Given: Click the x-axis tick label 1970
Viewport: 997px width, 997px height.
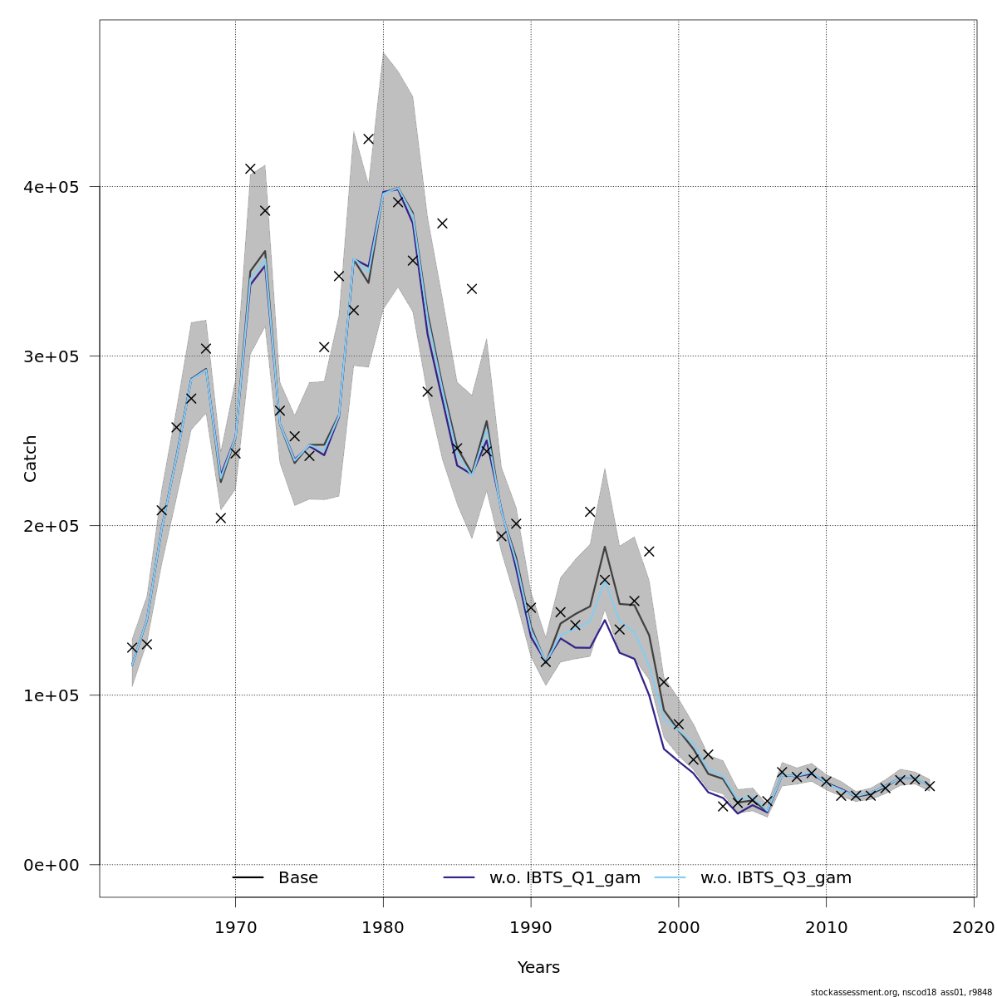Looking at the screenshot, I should pyautogui.click(x=235, y=926).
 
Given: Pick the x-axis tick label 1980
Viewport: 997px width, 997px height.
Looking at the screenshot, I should pyautogui.click(x=383, y=926).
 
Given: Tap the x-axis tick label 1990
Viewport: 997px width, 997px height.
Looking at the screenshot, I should pyautogui.click(x=531, y=926).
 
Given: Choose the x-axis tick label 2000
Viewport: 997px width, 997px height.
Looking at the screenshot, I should pyautogui.click(x=679, y=926).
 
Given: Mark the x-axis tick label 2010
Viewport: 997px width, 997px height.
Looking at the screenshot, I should pyautogui.click(x=827, y=926).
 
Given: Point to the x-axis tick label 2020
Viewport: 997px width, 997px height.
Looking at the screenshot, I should pyautogui.click(x=974, y=926).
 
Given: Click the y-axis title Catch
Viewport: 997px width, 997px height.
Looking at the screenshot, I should pyautogui.click(x=31, y=458).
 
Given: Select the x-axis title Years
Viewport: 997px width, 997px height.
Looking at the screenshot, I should pyautogui.click(x=538, y=968).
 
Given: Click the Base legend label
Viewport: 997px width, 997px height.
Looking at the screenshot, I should pyautogui.click(x=298, y=878).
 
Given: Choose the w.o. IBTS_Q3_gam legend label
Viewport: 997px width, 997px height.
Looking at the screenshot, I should pyautogui.click(x=776, y=878).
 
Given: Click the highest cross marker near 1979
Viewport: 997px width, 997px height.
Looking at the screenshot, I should pyautogui.click(x=368, y=139).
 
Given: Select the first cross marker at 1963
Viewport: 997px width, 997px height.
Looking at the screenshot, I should pyautogui.click(x=132, y=647).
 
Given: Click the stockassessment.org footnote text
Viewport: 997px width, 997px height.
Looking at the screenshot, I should pyautogui.click(x=901, y=992).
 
